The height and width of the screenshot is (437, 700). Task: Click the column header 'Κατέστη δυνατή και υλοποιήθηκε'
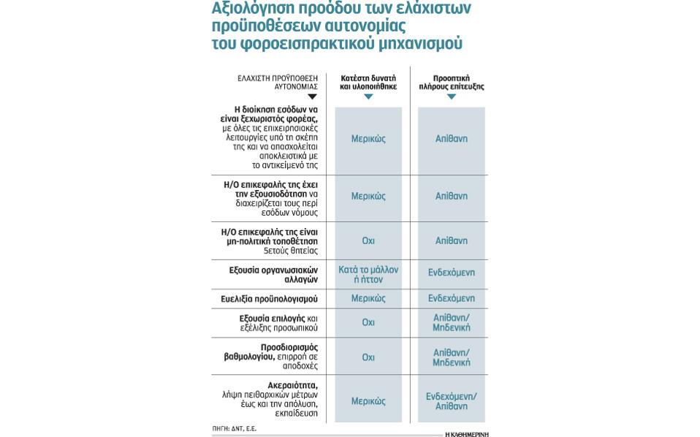click(x=368, y=82)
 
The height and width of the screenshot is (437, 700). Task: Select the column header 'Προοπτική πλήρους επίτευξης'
click(x=451, y=82)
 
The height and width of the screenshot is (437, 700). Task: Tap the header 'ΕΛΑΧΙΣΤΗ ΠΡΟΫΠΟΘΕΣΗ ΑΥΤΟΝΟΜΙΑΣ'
click(x=278, y=82)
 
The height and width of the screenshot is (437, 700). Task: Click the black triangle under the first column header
click(x=312, y=96)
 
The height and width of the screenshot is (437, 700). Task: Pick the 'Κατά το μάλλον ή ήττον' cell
click(x=368, y=275)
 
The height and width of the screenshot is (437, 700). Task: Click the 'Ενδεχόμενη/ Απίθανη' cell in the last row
click(x=451, y=401)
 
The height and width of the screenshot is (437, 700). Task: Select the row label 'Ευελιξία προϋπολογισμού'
click(x=269, y=299)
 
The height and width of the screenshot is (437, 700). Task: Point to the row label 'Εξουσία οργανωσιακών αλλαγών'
click(x=273, y=275)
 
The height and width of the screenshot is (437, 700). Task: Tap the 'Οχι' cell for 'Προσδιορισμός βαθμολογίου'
click(x=368, y=357)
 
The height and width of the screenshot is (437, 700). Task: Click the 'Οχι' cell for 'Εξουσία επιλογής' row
click(x=368, y=322)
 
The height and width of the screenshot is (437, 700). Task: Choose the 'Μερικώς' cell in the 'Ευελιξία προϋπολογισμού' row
click(x=368, y=299)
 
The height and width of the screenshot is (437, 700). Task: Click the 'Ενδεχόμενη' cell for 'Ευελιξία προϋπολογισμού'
click(x=451, y=299)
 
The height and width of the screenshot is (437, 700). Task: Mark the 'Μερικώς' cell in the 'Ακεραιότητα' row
click(x=368, y=401)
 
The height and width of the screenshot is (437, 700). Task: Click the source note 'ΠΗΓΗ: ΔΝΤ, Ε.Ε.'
click(x=235, y=428)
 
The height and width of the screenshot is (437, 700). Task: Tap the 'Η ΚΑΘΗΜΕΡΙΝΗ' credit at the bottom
click(x=466, y=434)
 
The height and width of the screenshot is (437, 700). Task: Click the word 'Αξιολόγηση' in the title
click(x=248, y=9)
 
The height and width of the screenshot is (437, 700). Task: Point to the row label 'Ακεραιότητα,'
click(x=292, y=385)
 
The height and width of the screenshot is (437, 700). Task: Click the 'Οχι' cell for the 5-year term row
click(x=368, y=240)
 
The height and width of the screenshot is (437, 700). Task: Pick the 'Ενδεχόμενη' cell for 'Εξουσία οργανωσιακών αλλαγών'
click(x=451, y=273)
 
